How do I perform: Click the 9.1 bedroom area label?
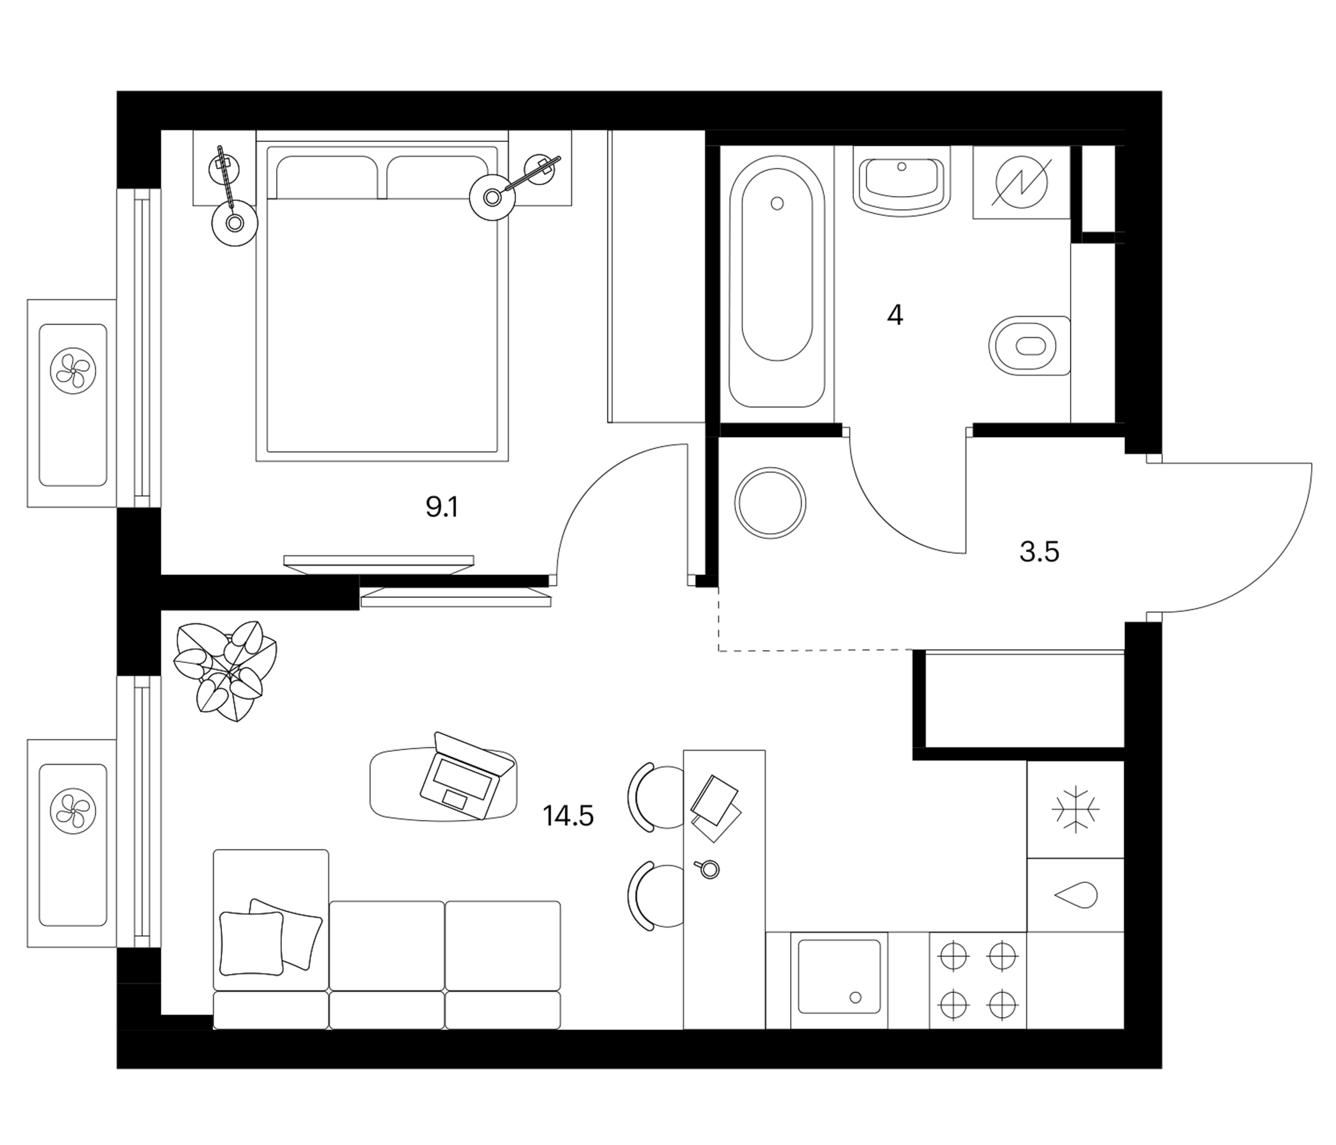pyautogui.click(x=442, y=508)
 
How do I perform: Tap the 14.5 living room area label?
pyautogui.click(x=568, y=816)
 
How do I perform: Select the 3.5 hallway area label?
pyautogui.click(x=1040, y=553)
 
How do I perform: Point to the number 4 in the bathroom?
pyautogui.click(x=895, y=316)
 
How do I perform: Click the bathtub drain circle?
pyautogui.click(x=777, y=204)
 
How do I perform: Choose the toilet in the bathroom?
pyautogui.click(x=1029, y=346)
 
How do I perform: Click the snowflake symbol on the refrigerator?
pyautogui.click(x=1076, y=808)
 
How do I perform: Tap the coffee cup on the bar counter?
pyautogui.click(x=707, y=869)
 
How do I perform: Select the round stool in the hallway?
pyautogui.click(x=770, y=503)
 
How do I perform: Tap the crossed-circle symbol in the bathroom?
pyautogui.click(x=1021, y=183)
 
